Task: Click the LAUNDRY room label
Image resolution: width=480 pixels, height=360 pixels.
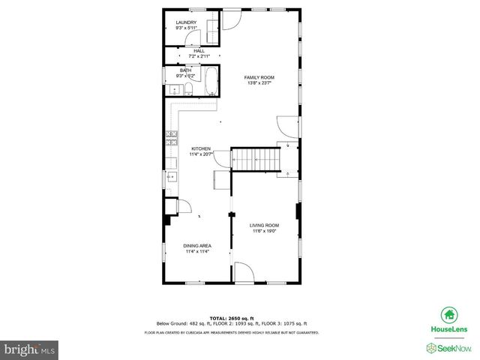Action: [x=186, y=22]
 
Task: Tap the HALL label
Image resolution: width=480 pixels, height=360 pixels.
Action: [x=189, y=51]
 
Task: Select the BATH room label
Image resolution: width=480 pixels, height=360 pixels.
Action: [x=185, y=70]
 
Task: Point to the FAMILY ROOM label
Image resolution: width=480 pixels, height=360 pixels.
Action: [x=259, y=77]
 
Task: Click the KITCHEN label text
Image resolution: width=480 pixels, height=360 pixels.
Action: [x=200, y=148]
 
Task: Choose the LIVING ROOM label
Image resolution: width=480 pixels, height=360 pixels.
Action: [x=264, y=225]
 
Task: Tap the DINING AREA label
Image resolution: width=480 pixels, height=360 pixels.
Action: [x=197, y=246]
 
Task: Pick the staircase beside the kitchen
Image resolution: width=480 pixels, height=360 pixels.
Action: [x=254, y=159]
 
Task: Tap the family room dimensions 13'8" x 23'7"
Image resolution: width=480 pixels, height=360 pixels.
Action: [x=259, y=83]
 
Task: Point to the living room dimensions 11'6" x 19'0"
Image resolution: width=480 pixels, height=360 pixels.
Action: [x=264, y=231]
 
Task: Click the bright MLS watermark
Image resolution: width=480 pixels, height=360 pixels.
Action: [x=31, y=349]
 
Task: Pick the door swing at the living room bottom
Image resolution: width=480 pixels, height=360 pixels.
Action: [x=244, y=273]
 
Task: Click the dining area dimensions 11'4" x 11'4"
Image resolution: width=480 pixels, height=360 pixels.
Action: [x=197, y=252]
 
